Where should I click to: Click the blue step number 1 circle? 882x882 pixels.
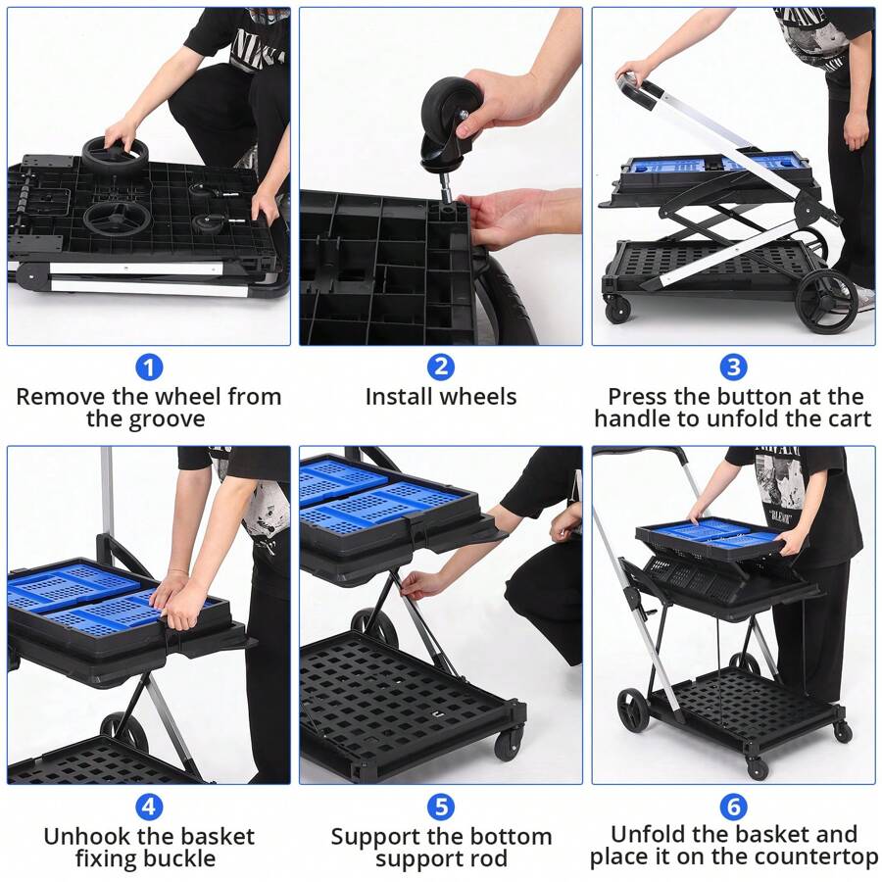[148, 368]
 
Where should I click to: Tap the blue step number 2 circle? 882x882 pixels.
[441, 368]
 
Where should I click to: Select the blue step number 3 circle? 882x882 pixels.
[733, 368]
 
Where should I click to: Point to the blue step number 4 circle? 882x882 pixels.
[148, 807]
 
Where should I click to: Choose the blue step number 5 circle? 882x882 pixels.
[441, 807]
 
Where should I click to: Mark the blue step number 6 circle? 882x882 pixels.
[733, 807]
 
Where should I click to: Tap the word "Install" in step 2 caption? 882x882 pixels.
[399, 397]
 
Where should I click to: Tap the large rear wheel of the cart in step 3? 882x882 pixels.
[826, 302]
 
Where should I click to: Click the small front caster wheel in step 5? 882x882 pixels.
[509, 745]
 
